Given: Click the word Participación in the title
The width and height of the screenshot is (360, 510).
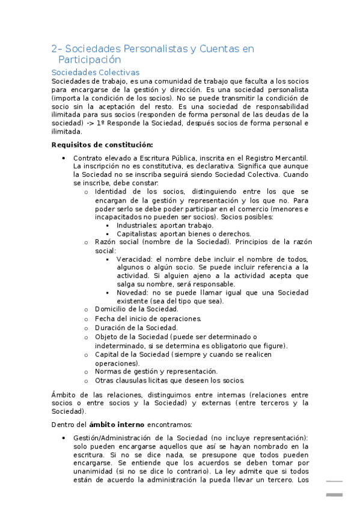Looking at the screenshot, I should (x=90, y=60).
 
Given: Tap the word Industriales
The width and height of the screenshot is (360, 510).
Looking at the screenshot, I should (x=137, y=225).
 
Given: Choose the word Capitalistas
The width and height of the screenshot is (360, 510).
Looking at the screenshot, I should (x=139, y=233).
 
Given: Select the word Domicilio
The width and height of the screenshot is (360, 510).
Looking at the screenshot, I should (x=111, y=309).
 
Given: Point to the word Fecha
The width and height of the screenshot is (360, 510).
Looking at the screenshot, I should (x=105, y=318).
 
